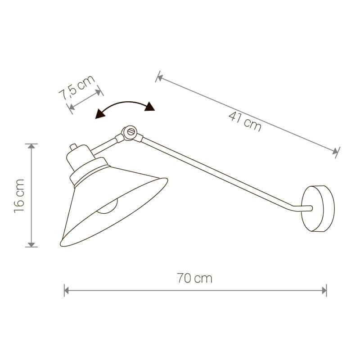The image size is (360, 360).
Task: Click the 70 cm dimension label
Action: click(x=194, y=278)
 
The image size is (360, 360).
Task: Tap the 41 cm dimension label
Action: click(x=245, y=122)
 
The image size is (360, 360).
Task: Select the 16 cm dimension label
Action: click(x=19, y=196)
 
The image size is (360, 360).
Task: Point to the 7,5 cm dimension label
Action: click(x=76, y=87)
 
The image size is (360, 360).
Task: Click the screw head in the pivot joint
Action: click(x=131, y=132)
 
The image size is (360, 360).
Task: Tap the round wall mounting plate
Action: click(x=318, y=209)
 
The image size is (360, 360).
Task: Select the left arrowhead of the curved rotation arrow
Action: click(x=100, y=114)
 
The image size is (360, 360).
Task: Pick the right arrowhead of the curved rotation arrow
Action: click(x=150, y=107)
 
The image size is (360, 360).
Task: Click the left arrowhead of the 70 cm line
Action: click(x=66, y=290)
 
